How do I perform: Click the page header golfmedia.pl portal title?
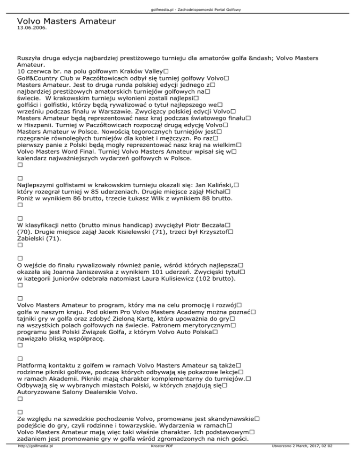pyautogui.click(x=180, y=9)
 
